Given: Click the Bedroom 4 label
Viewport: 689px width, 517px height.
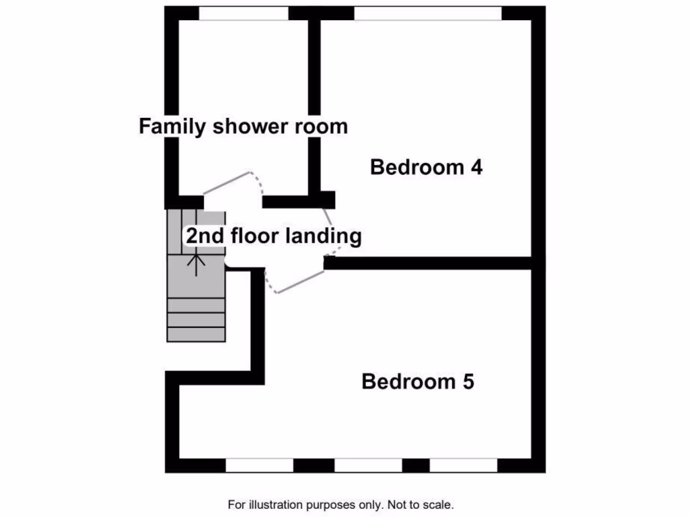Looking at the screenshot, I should coord(427,167).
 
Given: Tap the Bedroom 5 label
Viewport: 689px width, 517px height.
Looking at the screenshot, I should coord(418,382).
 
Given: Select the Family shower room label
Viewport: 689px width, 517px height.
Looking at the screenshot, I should coord(243,126).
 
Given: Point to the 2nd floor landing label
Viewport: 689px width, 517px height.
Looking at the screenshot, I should coord(274,236).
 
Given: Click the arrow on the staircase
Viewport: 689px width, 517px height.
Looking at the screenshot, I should coord(196,263).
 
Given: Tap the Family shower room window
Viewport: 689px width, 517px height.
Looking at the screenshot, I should coord(244,13).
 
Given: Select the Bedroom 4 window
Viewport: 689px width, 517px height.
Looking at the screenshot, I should coord(428,13).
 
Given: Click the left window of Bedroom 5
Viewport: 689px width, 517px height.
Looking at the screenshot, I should coord(260,465).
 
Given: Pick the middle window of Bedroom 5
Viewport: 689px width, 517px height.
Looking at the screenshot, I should coord(368,465).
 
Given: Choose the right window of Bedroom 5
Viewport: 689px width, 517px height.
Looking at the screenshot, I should coord(463,465).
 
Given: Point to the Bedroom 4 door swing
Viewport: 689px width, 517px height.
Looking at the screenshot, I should coord(330,226).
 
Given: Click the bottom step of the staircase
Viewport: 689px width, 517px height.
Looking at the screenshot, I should coord(196,335).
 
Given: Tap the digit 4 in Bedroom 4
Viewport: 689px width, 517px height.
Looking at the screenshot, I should coord(476,167).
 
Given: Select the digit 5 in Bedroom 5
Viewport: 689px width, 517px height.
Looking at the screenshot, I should coord(468,382).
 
